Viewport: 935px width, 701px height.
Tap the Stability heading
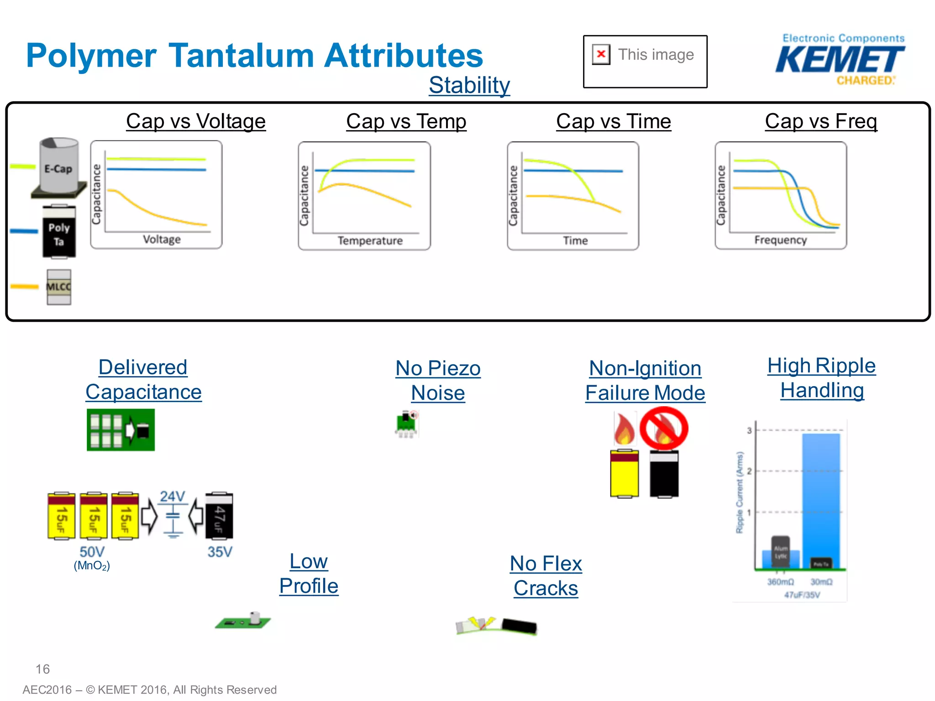(x=469, y=85)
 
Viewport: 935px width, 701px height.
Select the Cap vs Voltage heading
(x=196, y=121)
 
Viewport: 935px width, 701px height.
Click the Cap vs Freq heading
(x=821, y=121)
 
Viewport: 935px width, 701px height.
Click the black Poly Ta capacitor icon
(x=59, y=232)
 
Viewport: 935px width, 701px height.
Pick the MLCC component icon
(x=59, y=287)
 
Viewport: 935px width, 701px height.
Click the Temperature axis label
(x=370, y=241)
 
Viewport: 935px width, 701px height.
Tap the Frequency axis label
(x=780, y=240)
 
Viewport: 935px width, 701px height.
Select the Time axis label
(x=575, y=241)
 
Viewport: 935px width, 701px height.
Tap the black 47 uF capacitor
(x=219, y=516)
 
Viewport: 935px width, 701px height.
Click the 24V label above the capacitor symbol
(x=172, y=497)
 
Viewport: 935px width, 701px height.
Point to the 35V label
(x=220, y=552)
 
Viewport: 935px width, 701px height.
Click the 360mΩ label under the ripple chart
(x=780, y=582)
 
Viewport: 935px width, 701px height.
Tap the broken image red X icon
(x=601, y=54)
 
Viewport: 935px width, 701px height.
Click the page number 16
(x=42, y=669)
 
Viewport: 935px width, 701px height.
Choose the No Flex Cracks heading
(x=546, y=576)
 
